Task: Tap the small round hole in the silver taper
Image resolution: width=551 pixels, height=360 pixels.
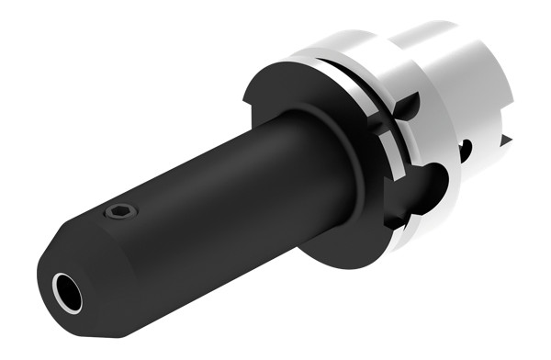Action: point(469,147)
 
